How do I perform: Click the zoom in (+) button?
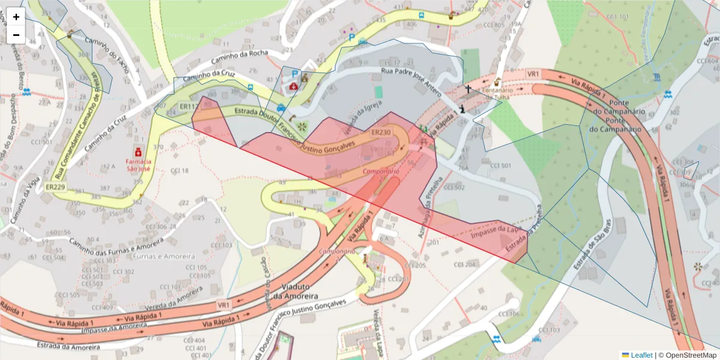click(16, 17)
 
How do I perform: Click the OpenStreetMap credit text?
click(688, 355)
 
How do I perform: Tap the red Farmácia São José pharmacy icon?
click(139, 150)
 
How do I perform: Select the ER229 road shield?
click(55, 187)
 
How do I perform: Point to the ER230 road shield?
click(381, 133)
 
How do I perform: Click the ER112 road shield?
click(188, 107)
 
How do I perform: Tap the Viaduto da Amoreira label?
click(295, 292)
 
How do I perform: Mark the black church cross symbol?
click(468, 89)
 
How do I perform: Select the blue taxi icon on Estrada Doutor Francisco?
click(281, 108)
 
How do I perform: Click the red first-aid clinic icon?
click(293, 86)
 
